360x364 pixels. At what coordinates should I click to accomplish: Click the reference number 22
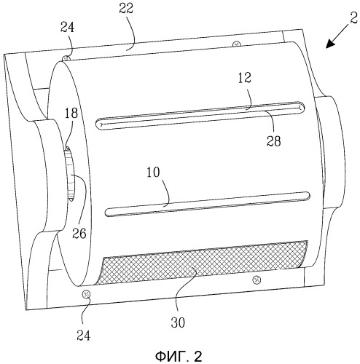[x=126, y=9]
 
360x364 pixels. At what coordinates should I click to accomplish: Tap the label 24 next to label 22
[x=67, y=28]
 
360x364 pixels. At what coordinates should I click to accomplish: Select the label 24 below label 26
[x=84, y=336]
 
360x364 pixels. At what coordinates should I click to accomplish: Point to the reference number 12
[x=245, y=78]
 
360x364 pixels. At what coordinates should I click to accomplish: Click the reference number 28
[x=274, y=141]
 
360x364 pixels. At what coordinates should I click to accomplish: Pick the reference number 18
[x=71, y=114]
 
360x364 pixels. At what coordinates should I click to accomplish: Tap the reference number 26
[x=79, y=234]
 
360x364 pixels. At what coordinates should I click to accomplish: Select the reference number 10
[x=153, y=173]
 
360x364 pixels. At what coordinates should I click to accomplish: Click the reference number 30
[x=178, y=323]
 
